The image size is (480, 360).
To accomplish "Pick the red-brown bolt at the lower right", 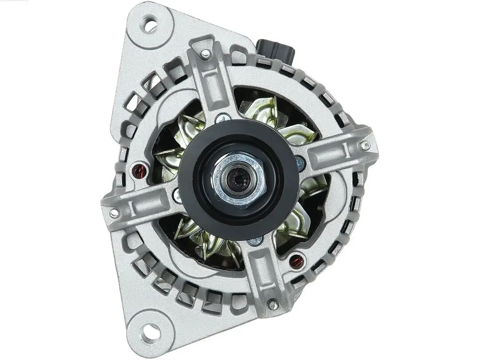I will point(296,261).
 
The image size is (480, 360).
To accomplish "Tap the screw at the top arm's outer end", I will point(205,54).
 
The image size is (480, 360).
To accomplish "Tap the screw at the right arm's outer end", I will point(365,145).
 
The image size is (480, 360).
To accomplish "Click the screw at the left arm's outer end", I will point(114,213).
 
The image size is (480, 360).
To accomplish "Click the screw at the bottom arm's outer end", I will point(273,305).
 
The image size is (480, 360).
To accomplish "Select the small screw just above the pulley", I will point(222,119).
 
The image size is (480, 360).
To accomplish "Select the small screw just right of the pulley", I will point(301,163).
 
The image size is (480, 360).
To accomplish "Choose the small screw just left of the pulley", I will point(177,195).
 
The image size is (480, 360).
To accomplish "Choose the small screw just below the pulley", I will point(255,241).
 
